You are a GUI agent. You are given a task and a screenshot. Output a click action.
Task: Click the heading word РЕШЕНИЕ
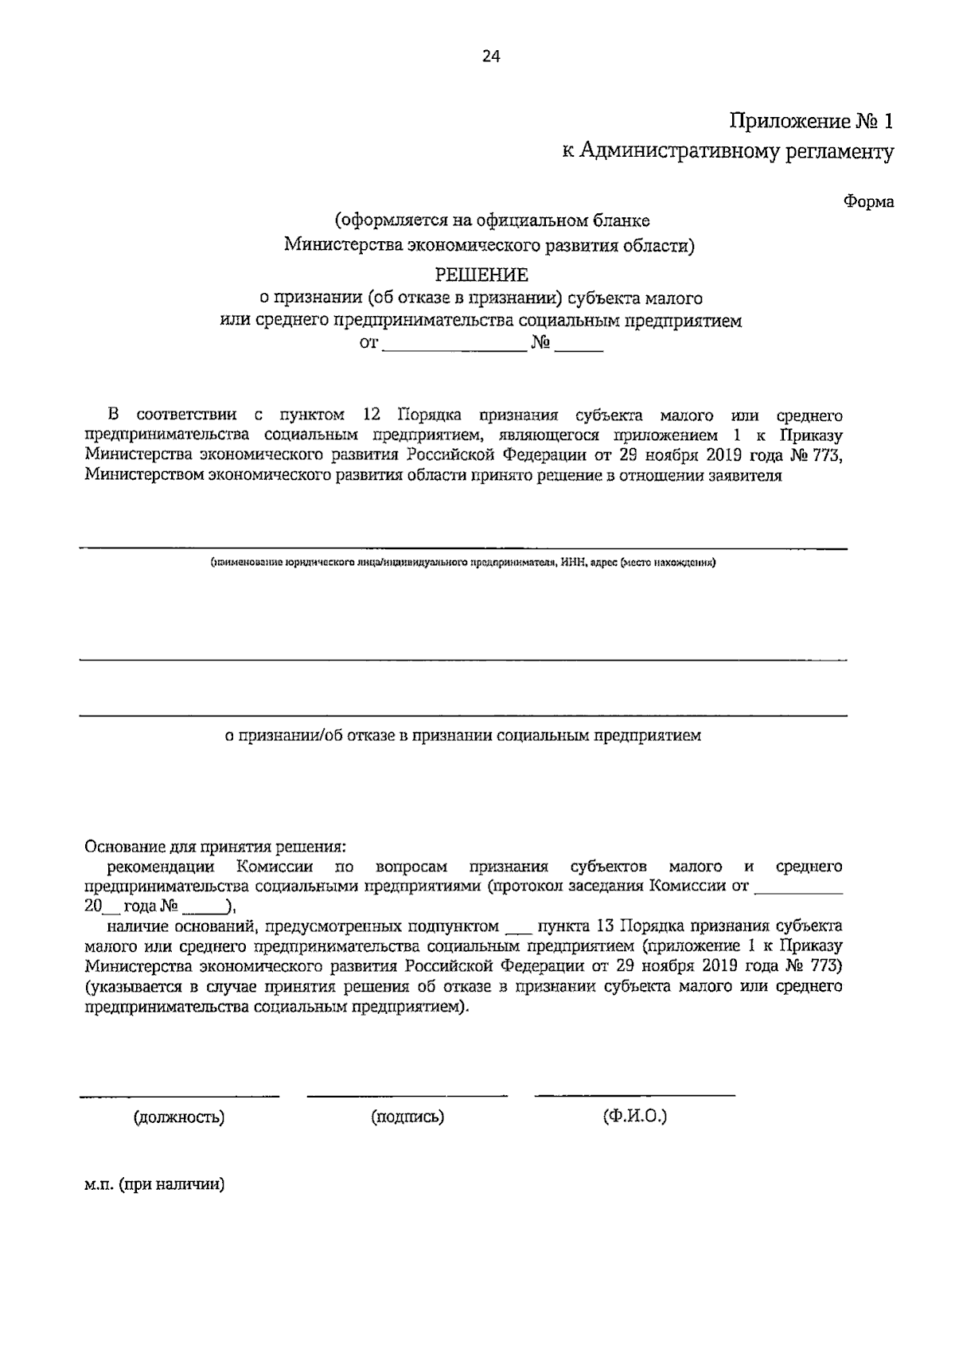(481, 275)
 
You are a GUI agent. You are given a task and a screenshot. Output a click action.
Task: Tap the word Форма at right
(868, 202)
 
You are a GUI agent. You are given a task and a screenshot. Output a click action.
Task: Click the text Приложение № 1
(812, 122)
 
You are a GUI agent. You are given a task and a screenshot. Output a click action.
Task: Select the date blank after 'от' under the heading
(456, 345)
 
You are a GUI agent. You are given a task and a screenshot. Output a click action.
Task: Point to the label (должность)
(179, 1117)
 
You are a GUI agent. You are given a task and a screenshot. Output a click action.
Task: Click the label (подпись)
(407, 1117)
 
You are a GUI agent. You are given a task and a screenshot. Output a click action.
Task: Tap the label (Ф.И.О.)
(634, 1117)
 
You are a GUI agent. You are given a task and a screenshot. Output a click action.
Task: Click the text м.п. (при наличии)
(154, 1184)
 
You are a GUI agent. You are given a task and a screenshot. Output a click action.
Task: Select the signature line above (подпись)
(407, 1096)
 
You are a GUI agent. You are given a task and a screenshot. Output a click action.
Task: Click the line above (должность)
(179, 1096)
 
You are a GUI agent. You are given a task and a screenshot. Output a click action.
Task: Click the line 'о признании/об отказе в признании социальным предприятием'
(462, 736)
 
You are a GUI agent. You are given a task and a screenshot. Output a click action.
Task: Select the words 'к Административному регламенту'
(728, 152)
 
